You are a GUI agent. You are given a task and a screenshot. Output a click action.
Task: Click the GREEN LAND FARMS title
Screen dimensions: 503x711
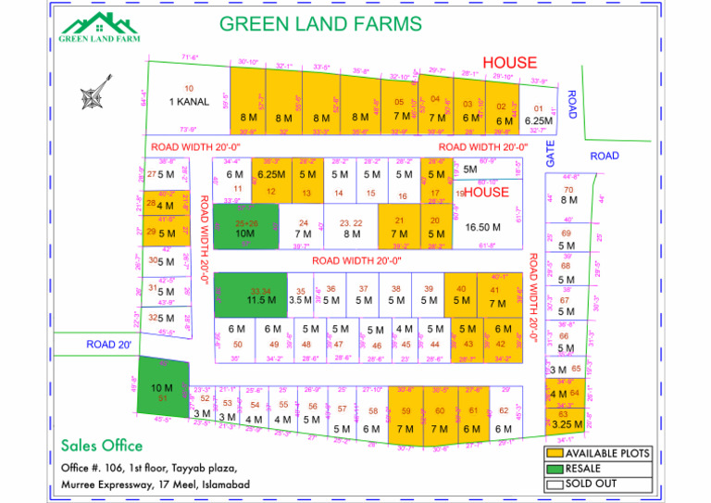coord(320,24)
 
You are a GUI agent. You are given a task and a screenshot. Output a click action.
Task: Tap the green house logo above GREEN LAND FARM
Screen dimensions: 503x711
coord(99,23)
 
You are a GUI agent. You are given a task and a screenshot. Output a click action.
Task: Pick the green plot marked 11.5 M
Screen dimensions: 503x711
coord(260,296)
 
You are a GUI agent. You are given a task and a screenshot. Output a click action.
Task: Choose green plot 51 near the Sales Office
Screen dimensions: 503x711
coord(162,393)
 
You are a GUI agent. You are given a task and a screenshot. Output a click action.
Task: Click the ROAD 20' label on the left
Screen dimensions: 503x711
coord(109,345)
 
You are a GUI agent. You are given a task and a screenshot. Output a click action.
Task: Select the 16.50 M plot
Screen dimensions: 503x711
coord(483,226)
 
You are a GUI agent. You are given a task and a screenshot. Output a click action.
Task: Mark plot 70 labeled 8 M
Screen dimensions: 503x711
coord(568,195)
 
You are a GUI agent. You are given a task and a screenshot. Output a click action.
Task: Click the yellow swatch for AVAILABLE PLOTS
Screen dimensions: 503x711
coord(555,454)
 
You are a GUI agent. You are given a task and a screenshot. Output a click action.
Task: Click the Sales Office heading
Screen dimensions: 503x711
coord(103,446)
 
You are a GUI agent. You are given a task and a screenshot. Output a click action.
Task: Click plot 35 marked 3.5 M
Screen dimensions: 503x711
coord(300,296)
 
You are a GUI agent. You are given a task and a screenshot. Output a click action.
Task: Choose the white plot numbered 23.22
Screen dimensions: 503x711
coord(351,228)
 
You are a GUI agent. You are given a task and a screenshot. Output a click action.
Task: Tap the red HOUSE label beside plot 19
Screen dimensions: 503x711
coord(486,193)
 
